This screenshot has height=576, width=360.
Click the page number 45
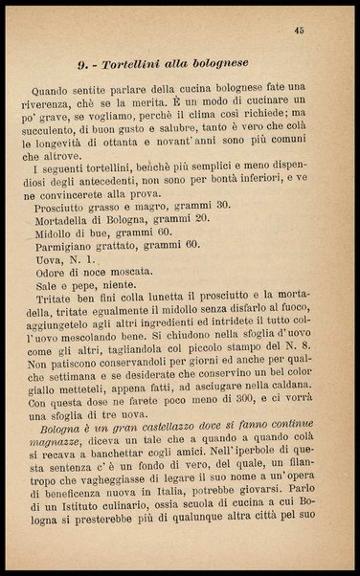pos(300,31)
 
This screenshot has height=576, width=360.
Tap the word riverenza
pos(65,100)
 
